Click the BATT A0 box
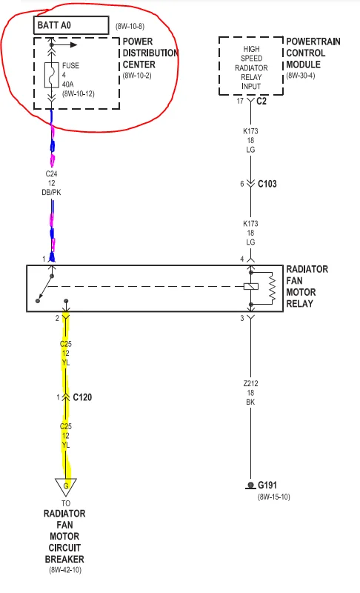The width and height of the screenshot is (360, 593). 71,25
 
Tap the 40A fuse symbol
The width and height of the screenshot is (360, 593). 52,75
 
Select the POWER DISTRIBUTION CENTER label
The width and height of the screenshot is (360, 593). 150,53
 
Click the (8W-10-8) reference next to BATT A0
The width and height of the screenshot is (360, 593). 130,27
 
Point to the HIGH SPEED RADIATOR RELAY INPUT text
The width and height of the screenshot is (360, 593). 251,67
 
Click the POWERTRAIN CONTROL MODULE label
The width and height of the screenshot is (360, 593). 313,53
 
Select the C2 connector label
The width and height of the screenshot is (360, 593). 261,101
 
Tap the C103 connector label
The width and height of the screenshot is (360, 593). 267,184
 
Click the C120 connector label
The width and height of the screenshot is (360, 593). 82,397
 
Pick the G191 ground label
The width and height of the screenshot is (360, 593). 267,485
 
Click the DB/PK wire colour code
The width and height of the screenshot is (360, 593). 51,192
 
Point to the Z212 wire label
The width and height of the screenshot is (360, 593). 251,383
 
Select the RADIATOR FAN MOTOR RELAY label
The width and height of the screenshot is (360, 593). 307,286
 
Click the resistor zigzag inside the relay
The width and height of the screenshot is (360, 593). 272,288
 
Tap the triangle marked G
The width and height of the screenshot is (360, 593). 66,486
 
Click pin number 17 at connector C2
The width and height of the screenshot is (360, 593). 240,101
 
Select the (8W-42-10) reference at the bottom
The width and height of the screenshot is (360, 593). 65,569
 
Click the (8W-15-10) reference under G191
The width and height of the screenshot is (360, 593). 274,497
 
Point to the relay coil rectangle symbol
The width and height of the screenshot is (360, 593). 251,286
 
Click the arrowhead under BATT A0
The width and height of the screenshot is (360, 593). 74,45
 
